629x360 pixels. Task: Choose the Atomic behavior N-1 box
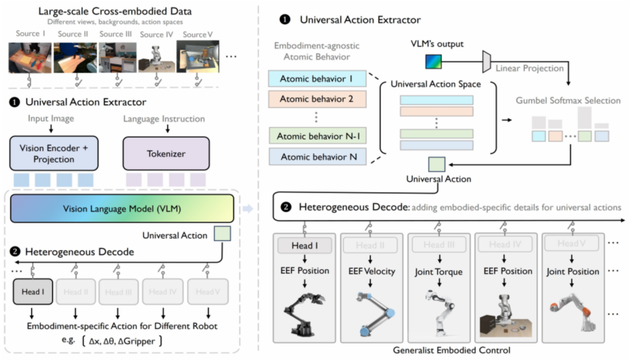point(318,136)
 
